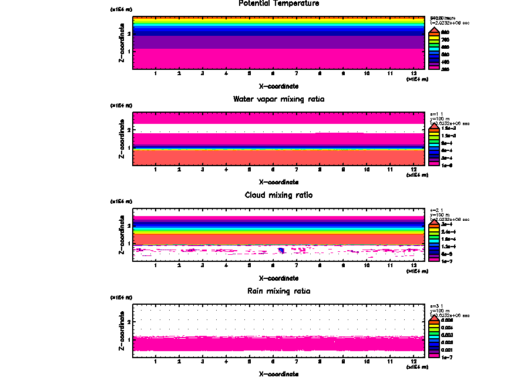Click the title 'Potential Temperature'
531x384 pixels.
[278, 4]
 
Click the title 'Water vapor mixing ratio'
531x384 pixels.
[278, 99]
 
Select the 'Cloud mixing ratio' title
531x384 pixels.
[278, 195]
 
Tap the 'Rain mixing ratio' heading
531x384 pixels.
[278, 291]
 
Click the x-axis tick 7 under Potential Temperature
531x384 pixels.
[296, 74]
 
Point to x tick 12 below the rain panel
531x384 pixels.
[414, 362]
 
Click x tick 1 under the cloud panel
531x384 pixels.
[155, 266]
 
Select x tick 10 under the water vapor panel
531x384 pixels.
[367, 170]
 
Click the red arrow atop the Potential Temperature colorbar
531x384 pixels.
[433, 30]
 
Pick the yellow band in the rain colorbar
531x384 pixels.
[433, 328]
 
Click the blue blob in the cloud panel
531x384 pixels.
[281, 251]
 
